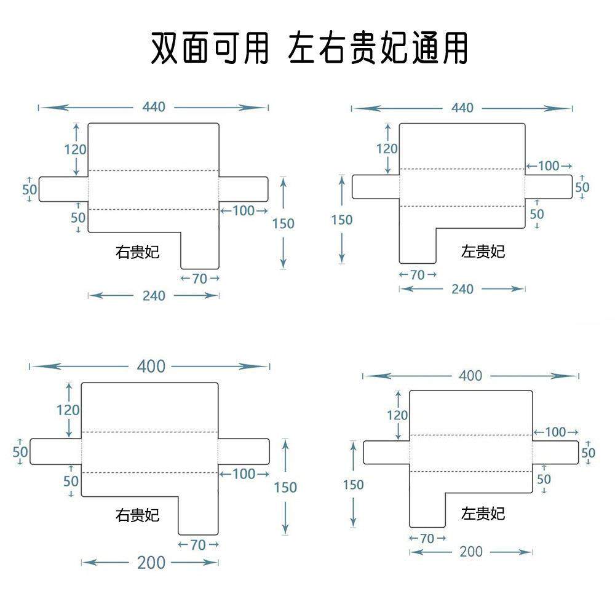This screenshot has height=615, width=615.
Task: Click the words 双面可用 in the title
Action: (x=210, y=48)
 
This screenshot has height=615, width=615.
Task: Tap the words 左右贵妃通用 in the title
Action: (x=378, y=48)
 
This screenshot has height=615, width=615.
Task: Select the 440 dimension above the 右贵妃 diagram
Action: (x=154, y=107)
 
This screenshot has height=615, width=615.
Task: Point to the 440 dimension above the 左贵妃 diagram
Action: (x=462, y=108)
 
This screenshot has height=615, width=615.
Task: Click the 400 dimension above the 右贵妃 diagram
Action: (x=151, y=367)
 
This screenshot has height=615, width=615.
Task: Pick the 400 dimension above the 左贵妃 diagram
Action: (x=470, y=376)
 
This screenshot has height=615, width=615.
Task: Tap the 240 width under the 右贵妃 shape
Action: (x=154, y=296)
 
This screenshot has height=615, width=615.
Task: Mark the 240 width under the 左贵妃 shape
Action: (x=462, y=289)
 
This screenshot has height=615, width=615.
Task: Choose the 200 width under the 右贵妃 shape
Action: (x=151, y=562)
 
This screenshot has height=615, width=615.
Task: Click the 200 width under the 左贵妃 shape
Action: (x=471, y=552)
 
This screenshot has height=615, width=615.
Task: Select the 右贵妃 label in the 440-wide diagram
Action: (x=137, y=252)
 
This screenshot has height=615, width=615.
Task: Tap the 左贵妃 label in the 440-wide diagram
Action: (x=483, y=251)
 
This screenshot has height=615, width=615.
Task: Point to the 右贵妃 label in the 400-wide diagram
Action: (x=137, y=514)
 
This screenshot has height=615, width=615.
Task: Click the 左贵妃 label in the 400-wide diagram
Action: (x=483, y=513)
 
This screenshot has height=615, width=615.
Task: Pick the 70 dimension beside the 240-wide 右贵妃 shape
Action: (x=199, y=279)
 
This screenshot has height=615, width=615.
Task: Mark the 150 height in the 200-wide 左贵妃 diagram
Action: (x=354, y=485)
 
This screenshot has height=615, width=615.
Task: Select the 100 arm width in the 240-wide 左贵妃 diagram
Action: (x=549, y=166)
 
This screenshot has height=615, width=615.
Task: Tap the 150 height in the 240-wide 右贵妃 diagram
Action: (x=284, y=223)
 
